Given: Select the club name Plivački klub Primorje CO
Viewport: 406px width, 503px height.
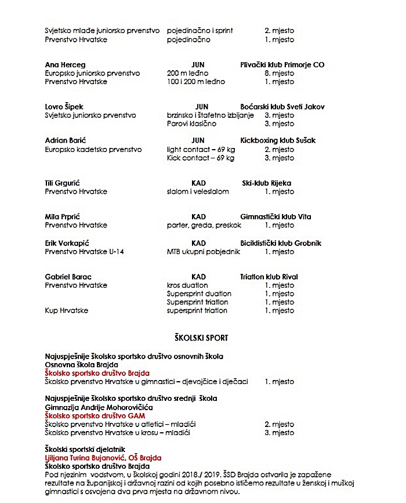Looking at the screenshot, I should (x=282, y=65).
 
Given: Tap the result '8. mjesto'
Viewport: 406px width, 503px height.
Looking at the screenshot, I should (x=279, y=74).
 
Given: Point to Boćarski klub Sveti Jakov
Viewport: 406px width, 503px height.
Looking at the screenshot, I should (x=282, y=107).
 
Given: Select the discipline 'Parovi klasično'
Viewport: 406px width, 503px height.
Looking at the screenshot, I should (x=191, y=124).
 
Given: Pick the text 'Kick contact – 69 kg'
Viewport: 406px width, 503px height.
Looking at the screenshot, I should (x=201, y=158).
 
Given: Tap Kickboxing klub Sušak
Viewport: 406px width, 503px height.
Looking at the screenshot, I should (x=278, y=140).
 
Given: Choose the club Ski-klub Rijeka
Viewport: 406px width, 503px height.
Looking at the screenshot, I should (x=266, y=183).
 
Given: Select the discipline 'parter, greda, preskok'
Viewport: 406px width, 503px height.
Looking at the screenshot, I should (x=204, y=225).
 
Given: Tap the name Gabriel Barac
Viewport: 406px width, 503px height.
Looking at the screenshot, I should (x=68, y=277).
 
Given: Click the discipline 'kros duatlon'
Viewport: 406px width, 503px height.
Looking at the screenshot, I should (x=187, y=285).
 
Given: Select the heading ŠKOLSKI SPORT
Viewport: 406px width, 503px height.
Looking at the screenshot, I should (x=201, y=338).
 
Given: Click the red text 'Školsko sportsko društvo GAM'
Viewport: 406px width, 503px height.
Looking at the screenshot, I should (x=95, y=415).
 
